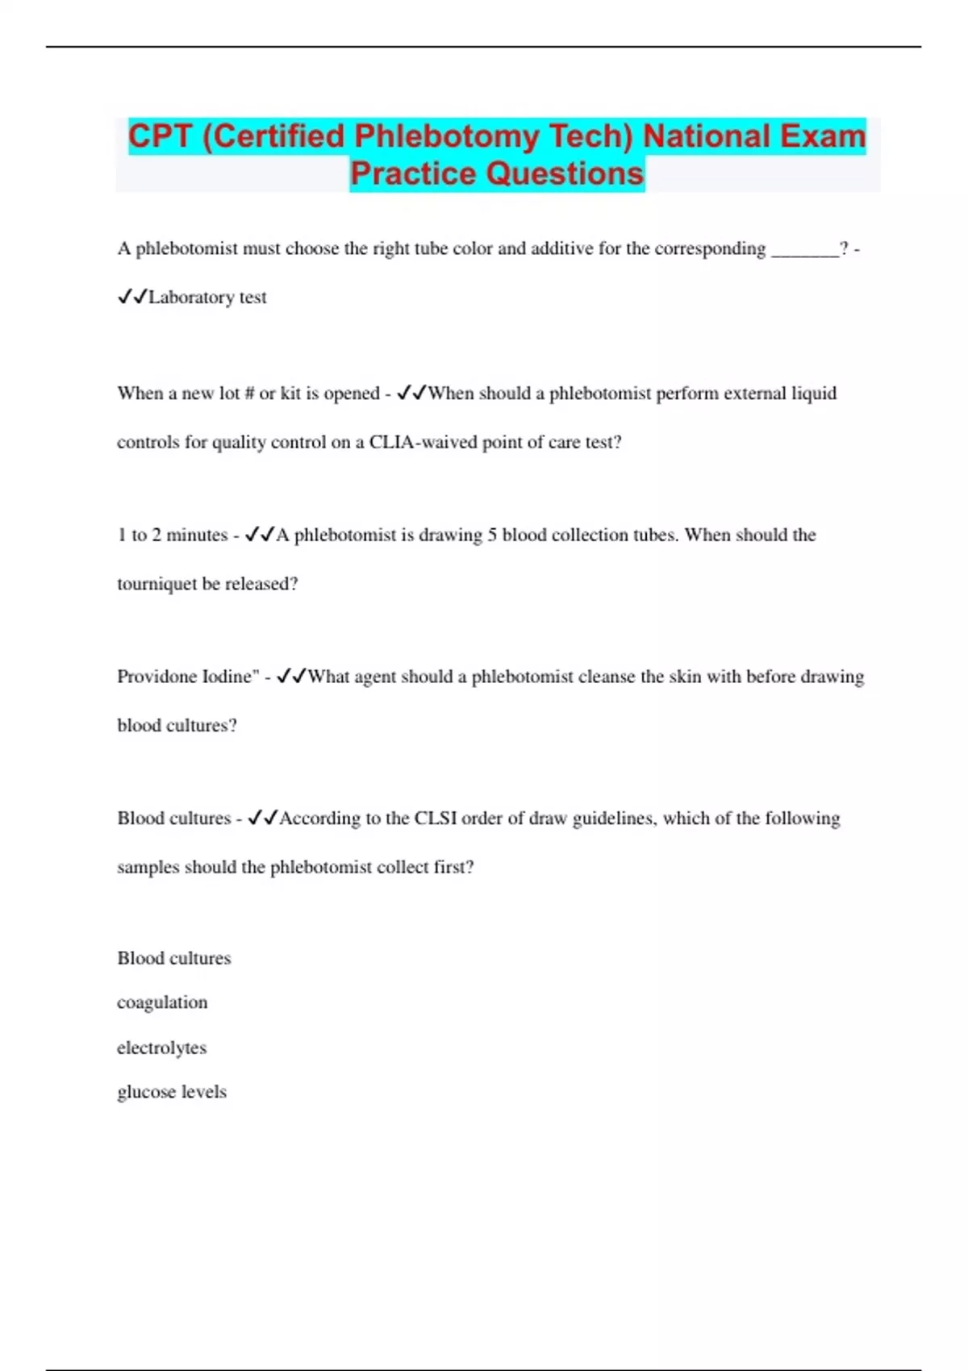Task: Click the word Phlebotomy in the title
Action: pyautogui.click(x=448, y=136)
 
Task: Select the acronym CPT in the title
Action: pyautogui.click(x=159, y=136)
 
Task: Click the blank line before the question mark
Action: pyautogui.click(x=805, y=250)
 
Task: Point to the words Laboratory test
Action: pyautogui.click(x=207, y=298)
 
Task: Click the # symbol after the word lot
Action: pyautogui.click(x=249, y=394)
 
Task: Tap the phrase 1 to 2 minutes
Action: pyautogui.click(x=173, y=535)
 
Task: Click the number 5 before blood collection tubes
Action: pyautogui.click(x=491, y=535)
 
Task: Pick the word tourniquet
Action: pyautogui.click(x=156, y=584)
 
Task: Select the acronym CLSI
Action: pyautogui.click(x=436, y=819)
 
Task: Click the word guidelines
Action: pyautogui.click(x=614, y=819)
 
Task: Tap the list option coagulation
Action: pyautogui.click(x=162, y=1002)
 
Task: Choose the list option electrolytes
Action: pyautogui.click(x=161, y=1048)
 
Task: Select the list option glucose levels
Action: pyautogui.click(x=172, y=1092)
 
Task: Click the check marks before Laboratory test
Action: pyautogui.click(x=132, y=298)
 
